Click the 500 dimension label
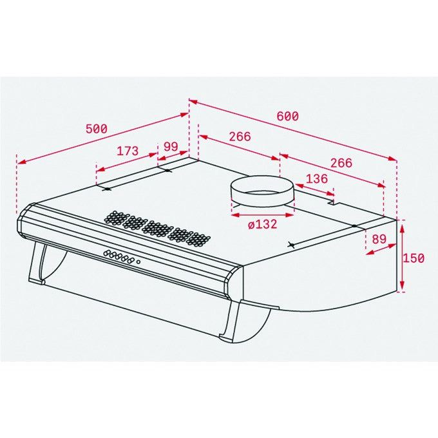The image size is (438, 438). click(x=97, y=129)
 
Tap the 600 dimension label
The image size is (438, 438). click(x=287, y=116)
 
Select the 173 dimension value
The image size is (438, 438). click(x=128, y=151)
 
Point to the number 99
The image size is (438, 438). click(x=171, y=146)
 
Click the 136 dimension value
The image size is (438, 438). click(x=317, y=179)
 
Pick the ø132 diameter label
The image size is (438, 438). click(x=263, y=224)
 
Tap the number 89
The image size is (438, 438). click(x=379, y=239)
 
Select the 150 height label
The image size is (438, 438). click(x=413, y=258)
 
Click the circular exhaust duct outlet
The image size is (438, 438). click(x=262, y=191)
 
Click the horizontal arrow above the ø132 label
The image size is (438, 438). click(x=263, y=215)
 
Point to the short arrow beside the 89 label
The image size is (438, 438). click(x=381, y=249)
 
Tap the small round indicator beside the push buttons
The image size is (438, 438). click(x=138, y=262)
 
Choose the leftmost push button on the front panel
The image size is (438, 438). click(x=106, y=253)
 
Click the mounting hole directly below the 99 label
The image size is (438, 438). click(x=167, y=171)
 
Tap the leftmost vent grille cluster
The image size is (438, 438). click(x=114, y=217)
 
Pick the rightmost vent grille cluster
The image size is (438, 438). click(x=198, y=240)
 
